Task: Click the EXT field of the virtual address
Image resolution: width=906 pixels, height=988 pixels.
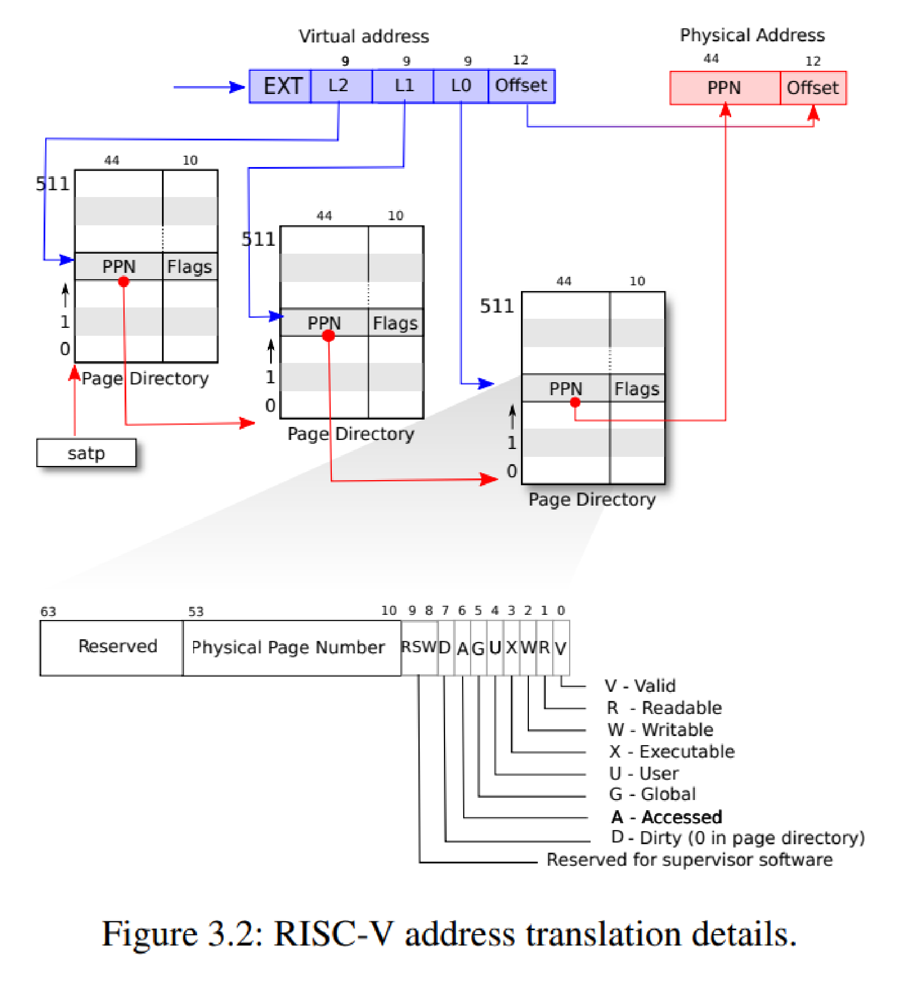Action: coord(280,86)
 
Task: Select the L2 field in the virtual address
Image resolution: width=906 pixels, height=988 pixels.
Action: coord(341,86)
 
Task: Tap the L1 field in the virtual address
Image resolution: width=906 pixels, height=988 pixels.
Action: coord(403,86)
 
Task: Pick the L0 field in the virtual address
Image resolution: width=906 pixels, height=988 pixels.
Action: coord(460,86)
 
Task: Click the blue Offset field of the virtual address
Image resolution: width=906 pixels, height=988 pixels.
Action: coord(522,86)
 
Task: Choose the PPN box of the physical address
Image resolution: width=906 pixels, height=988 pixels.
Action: coord(725,88)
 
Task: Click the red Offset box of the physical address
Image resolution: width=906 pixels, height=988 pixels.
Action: coord(813,88)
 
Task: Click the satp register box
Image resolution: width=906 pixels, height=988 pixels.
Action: coord(86,453)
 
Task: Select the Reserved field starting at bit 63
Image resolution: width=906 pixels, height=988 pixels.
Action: coord(112,648)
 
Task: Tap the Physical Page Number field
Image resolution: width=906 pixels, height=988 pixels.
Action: coord(292,648)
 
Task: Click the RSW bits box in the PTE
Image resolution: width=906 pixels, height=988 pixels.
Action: coord(419,648)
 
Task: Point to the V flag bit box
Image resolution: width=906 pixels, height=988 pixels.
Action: coord(561,648)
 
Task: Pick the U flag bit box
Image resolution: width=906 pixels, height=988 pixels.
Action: coord(495,648)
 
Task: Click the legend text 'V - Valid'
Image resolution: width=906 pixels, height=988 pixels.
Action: coord(640,686)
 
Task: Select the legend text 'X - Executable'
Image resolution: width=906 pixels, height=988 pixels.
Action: coord(672,751)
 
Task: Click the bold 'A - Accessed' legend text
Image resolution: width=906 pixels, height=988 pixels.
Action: coord(666,817)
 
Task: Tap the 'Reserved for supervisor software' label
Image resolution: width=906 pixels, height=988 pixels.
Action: coord(690,859)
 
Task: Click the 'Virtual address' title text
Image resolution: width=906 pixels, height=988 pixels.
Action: coord(364,36)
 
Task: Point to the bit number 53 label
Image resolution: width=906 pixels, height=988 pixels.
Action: coord(196,611)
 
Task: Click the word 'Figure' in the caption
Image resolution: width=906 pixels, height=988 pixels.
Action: coord(150,934)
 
